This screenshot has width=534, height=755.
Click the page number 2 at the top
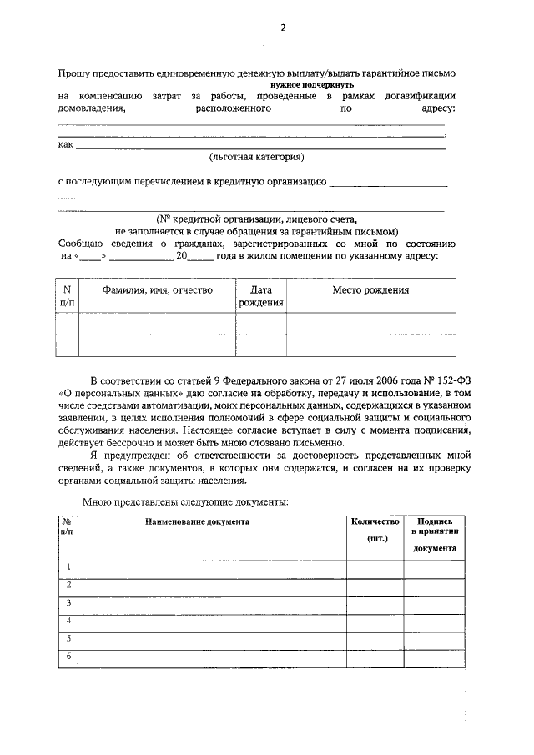(282, 28)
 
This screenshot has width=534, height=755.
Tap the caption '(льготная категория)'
(256, 156)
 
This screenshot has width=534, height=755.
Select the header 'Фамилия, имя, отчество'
(157, 290)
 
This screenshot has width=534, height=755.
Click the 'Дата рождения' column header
(261, 296)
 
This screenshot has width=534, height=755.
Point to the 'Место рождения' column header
(370, 290)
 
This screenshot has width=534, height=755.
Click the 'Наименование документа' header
(197, 521)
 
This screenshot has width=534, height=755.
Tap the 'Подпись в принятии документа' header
(434, 534)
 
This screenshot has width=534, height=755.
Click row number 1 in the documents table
(68, 567)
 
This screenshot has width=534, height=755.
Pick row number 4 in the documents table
(68, 620)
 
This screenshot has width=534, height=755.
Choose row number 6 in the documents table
(68, 657)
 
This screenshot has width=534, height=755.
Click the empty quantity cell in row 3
(375, 603)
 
